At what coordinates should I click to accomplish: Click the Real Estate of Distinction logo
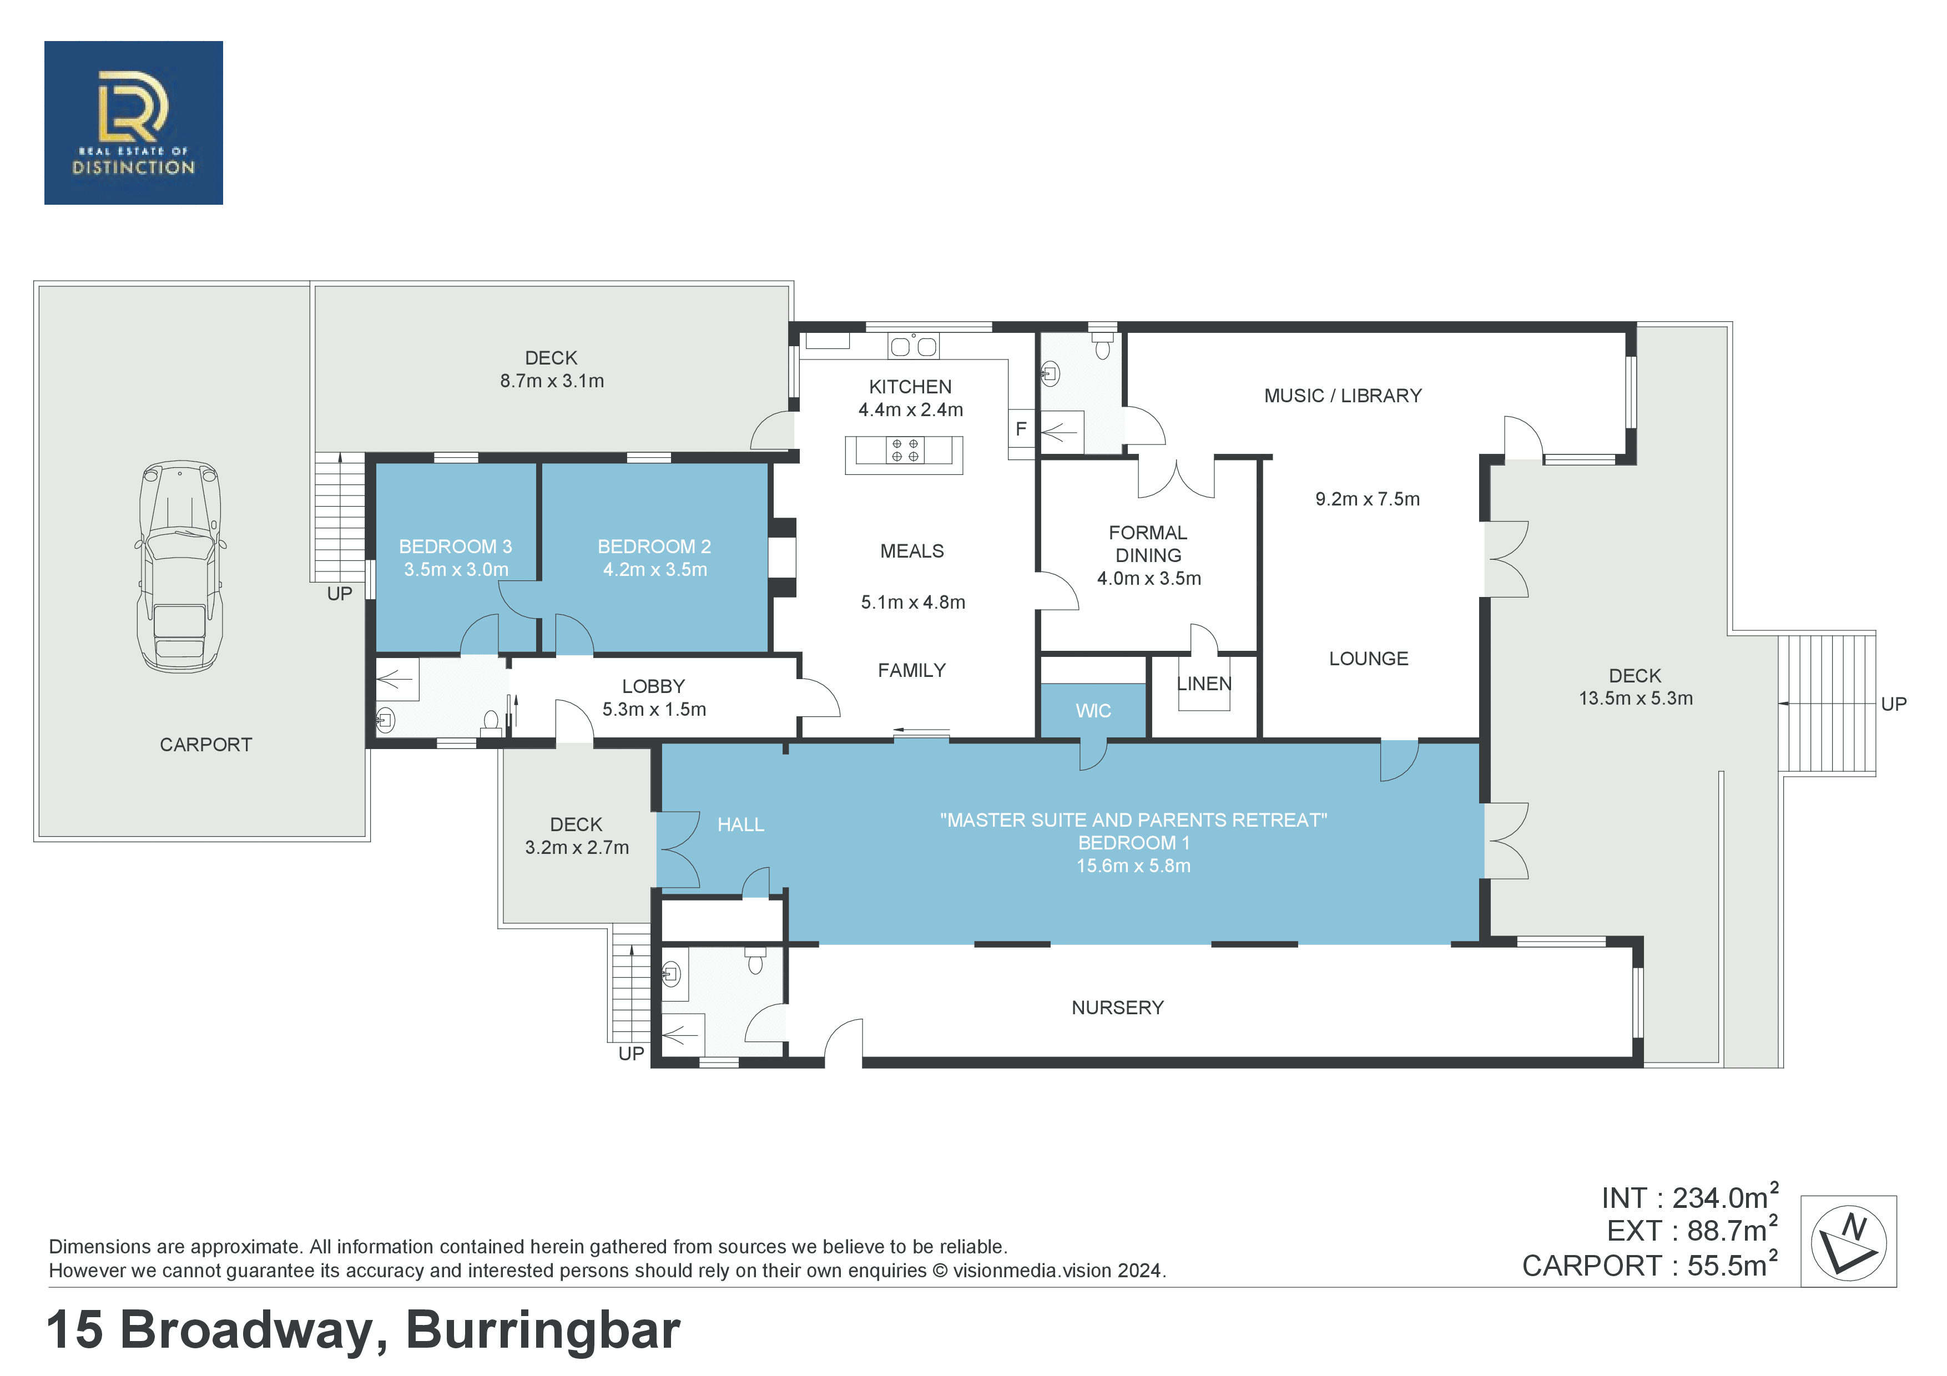pos(133,123)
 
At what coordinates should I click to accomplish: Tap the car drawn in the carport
pos(180,566)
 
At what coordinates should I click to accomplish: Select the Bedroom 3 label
pos(455,547)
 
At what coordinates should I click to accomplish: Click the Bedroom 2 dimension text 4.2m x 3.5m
pos(655,570)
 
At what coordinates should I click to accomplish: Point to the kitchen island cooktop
pos(905,450)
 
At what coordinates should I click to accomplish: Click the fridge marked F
pos(1021,429)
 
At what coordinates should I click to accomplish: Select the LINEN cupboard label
pos(1203,684)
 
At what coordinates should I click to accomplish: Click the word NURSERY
pos(1118,1008)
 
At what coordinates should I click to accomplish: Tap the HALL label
pos(740,825)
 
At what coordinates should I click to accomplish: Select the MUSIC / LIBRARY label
pos(1343,396)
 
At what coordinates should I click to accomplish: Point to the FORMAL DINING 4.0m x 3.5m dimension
pos(1149,578)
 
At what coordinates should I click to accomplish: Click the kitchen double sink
pos(914,346)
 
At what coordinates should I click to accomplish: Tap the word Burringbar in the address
pos(543,1329)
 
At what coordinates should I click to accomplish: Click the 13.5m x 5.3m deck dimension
pos(1636,699)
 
